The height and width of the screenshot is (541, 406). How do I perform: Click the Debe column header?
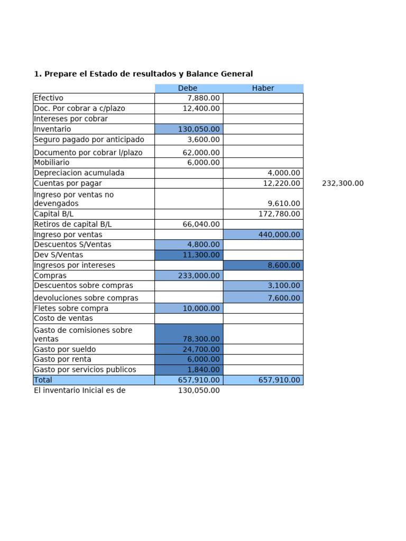tap(188, 88)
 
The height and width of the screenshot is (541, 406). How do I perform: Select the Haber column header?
tap(263, 88)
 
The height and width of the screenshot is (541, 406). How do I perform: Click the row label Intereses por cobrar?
tap(70, 119)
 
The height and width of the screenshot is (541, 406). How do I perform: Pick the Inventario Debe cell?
tap(189, 129)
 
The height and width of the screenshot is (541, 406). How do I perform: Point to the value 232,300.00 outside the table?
tap(343, 183)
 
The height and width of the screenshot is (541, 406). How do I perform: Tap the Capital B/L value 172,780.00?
tap(279, 214)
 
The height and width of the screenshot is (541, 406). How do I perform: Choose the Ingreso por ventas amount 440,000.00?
tap(279, 235)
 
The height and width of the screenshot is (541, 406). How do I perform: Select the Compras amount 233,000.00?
tap(199, 275)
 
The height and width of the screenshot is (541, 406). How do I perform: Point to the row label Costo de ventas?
tap(63, 319)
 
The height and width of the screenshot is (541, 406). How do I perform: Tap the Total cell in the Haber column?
tap(279, 380)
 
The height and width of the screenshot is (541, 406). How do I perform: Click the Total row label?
tap(43, 380)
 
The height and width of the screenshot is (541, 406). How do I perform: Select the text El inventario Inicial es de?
tap(79, 390)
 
